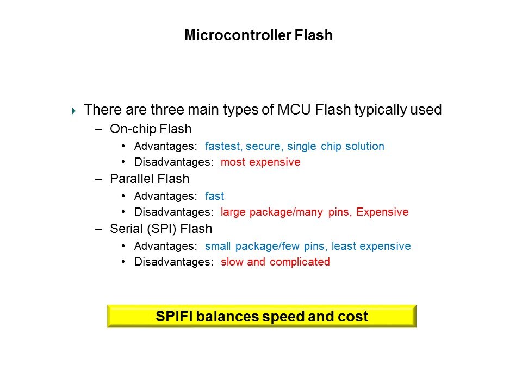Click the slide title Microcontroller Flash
pos(259,35)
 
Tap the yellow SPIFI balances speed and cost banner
pos(262,316)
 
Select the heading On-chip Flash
pos(151,129)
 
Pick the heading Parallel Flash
pos(150,179)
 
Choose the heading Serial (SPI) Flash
pos(161,229)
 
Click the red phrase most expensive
pos(260,162)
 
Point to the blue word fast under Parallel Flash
pos(214,196)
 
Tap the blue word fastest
pos(223,146)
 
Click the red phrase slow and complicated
pos(275,262)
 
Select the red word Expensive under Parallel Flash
pos(382,212)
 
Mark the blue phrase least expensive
pos(371,246)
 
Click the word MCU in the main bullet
pos(294,109)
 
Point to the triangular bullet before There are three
pos(73,111)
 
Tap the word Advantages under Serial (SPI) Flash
pos(166,246)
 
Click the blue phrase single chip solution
pos(336,146)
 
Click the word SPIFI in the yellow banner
pos(174,316)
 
